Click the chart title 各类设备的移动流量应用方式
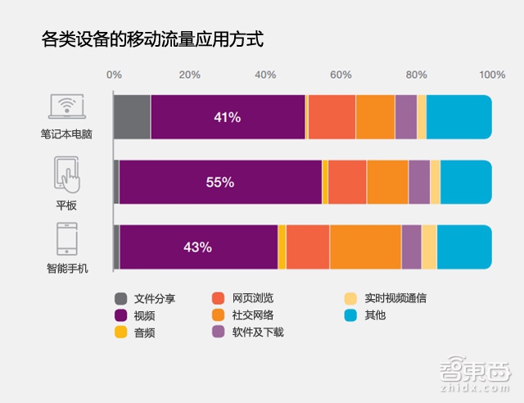pyautogui.click(x=152, y=39)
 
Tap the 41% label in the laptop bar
pyautogui.click(x=227, y=117)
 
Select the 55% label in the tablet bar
pyautogui.click(x=219, y=183)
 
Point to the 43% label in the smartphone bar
pyautogui.click(x=198, y=247)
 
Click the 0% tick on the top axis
pyautogui.click(x=115, y=75)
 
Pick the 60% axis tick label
pyautogui.click(x=341, y=75)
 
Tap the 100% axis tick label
pyautogui.click(x=492, y=75)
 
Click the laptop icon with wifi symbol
pyautogui.click(x=66, y=107)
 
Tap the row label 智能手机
pyautogui.click(x=66, y=268)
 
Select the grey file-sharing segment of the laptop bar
pyautogui.click(x=133, y=117)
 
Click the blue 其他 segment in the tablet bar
pyautogui.click(x=466, y=182)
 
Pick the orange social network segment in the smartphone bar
pyautogui.click(x=365, y=246)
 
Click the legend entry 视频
pyautogui.click(x=144, y=315)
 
